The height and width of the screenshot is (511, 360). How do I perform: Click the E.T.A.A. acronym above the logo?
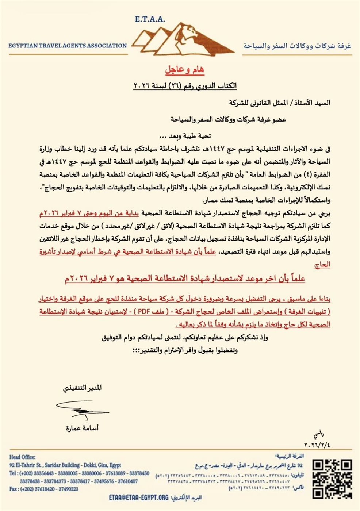pyautogui.click(x=150, y=19)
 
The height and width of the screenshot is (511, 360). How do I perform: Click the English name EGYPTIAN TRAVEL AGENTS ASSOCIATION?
pyautogui.click(x=68, y=46)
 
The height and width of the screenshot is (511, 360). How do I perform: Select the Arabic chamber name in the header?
pyautogui.click(x=297, y=46)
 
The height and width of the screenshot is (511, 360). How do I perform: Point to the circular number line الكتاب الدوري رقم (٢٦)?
pyautogui.click(x=185, y=86)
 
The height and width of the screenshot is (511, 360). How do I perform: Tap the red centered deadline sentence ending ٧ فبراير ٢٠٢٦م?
pyautogui.click(x=185, y=279)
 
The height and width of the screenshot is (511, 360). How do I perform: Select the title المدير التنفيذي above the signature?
pyautogui.click(x=83, y=388)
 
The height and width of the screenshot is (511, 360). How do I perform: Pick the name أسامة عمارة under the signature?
pyautogui.click(x=82, y=428)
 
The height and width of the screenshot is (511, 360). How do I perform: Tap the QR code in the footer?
pyautogui.click(x=333, y=479)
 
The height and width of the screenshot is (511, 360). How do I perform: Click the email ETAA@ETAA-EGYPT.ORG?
pyautogui.click(x=139, y=497)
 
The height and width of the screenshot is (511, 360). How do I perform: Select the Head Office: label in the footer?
pyautogui.click(x=22, y=457)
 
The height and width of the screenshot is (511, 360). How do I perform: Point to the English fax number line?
pyautogui.click(x=44, y=489)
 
